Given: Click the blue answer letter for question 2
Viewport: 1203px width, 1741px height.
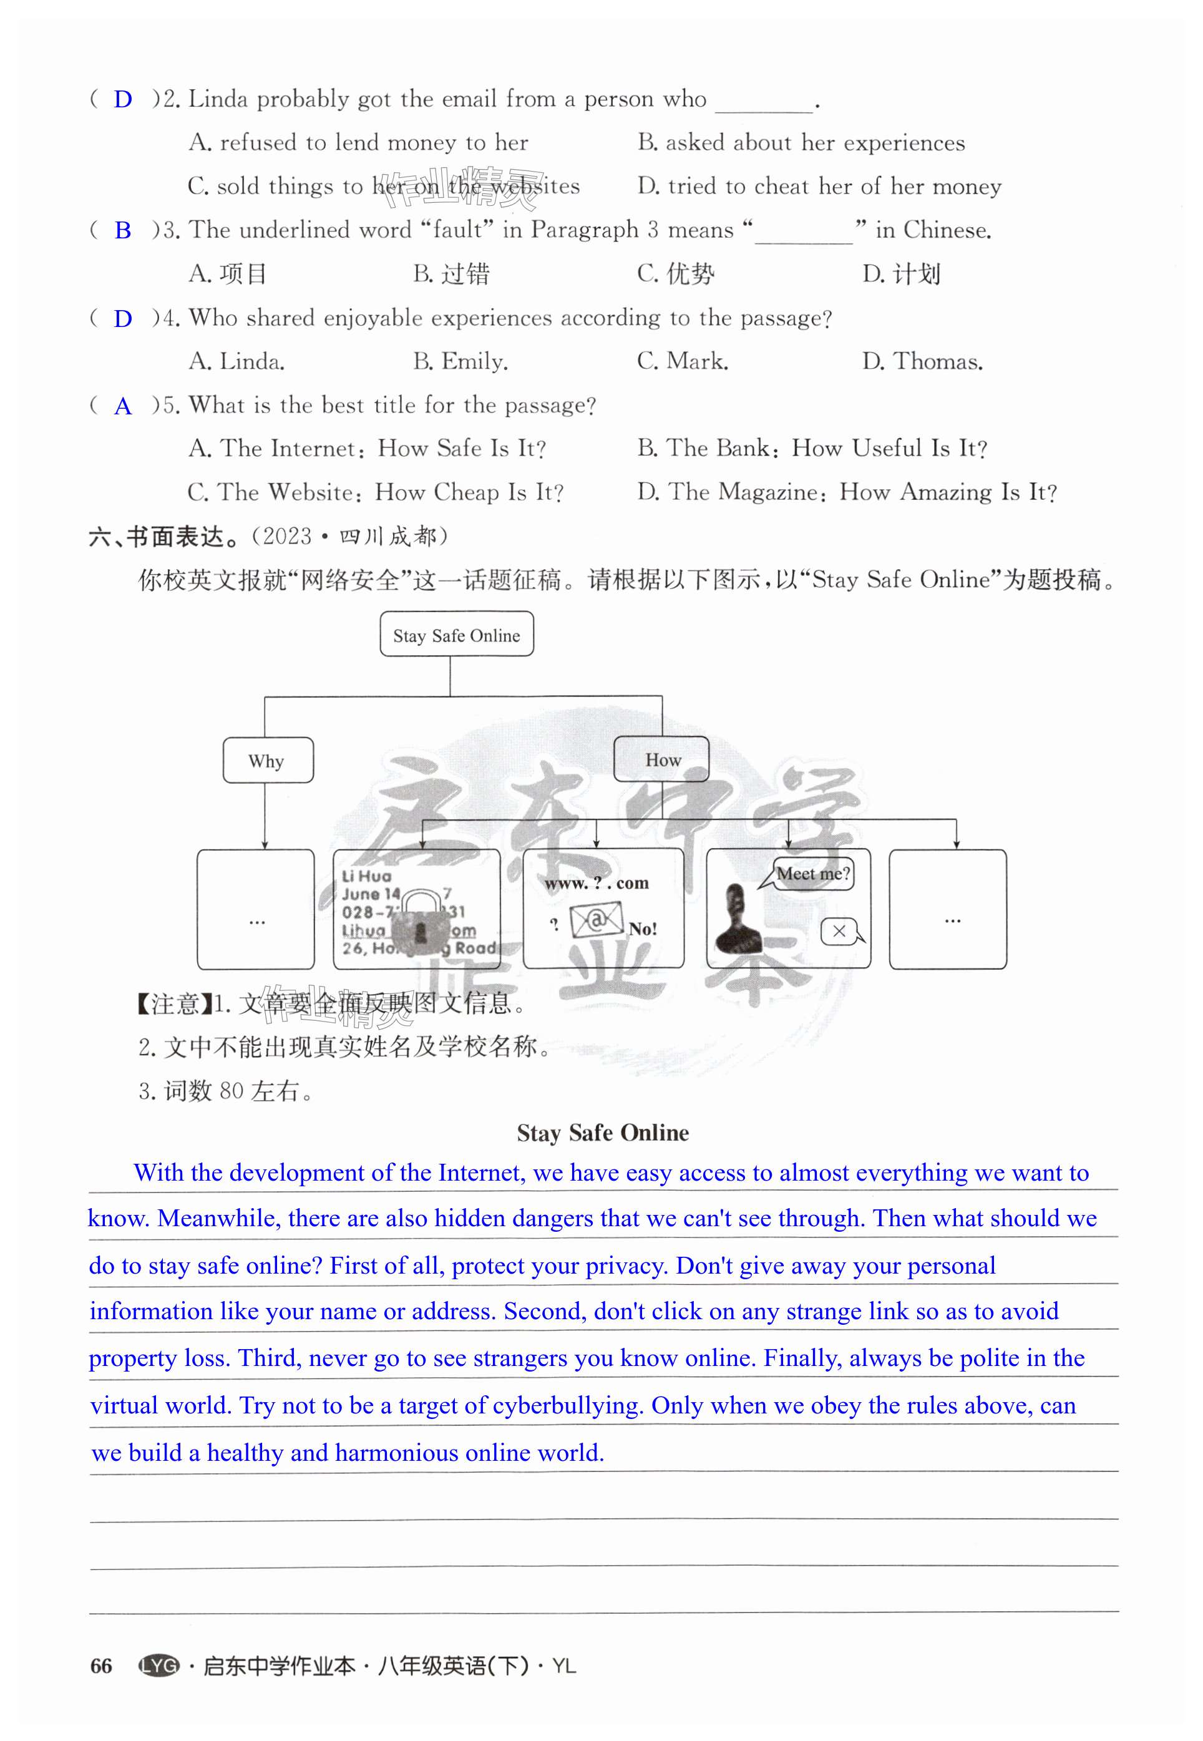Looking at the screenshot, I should click(x=123, y=99).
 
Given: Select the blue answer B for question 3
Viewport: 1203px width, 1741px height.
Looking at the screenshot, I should click(x=123, y=231).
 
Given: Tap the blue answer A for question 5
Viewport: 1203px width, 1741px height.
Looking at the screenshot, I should click(x=123, y=407).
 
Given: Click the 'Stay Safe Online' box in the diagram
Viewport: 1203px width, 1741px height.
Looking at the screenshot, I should click(x=456, y=635).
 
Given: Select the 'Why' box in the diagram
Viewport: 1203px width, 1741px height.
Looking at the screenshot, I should click(x=267, y=761).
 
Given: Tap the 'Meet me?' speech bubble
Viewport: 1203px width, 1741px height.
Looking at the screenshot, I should click(x=812, y=874).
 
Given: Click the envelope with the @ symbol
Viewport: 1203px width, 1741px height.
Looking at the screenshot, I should click(x=595, y=921).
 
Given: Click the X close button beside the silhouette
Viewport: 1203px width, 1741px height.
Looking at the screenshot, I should click(x=839, y=932).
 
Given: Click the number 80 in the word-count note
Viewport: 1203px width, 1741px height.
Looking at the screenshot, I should click(x=231, y=1091).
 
